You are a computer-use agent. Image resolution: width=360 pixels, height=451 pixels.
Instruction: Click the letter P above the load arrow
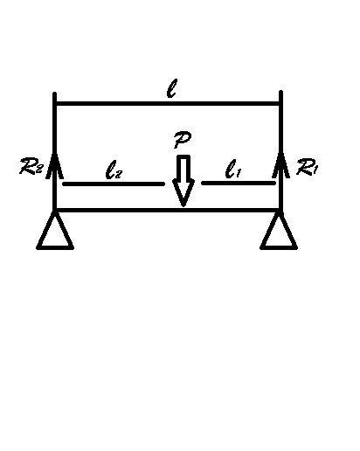pos(183,140)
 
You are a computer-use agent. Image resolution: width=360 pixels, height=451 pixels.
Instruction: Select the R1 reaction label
pos(307,168)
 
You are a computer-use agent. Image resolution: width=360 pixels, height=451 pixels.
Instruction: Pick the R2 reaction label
pos(31,166)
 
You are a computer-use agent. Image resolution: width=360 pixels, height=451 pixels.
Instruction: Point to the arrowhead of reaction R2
pos(54,165)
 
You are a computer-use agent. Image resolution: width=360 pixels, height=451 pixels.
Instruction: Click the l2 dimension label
pos(114,170)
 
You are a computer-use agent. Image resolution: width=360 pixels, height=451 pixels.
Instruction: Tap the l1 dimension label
pos(233,169)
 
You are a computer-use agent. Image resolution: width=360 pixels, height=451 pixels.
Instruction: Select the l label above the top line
pos(172,88)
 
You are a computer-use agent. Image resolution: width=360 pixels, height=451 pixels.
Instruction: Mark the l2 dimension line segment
pos(114,184)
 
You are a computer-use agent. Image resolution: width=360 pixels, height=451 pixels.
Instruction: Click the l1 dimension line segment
pos(239,183)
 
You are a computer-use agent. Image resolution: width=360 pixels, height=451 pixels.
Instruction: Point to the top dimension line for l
pos(168,104)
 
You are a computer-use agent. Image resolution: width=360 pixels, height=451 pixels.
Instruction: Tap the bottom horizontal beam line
pos(167,210)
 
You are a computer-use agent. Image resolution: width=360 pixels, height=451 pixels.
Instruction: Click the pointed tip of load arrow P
pos(183,206)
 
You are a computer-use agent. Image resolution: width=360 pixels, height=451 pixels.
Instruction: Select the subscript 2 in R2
pos(39,169)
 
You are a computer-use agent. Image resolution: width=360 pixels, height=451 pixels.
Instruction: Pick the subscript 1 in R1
pos(314,170)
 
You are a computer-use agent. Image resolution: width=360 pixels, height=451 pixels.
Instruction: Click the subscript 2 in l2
pos(119,174)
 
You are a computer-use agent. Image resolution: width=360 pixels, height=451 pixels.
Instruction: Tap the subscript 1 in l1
pos(238,173)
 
